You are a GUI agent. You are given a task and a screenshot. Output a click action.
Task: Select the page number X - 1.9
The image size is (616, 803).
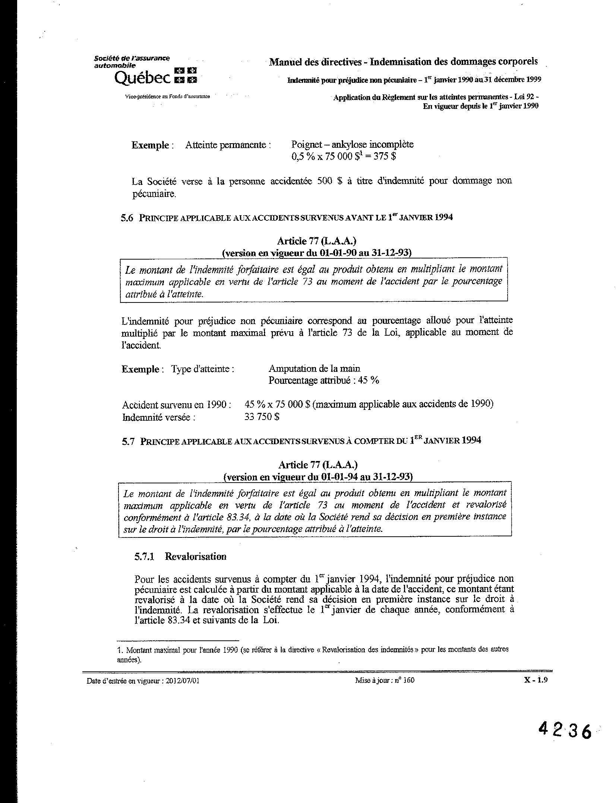click(x=536, y=680)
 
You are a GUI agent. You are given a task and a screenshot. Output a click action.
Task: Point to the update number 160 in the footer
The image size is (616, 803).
click(x=409, y=680)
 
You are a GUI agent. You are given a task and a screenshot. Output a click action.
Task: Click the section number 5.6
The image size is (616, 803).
click(x=127, y=218)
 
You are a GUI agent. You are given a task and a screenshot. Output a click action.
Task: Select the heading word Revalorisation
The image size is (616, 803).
click(x=196, y=556)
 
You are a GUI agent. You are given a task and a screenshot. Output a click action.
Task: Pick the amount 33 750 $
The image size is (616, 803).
click(x=262, y=417)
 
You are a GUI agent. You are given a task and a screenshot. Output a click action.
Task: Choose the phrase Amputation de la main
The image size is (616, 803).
click(x=314, y=368)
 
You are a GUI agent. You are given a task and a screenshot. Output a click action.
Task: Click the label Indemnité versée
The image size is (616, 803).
click(x=159, y=417)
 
